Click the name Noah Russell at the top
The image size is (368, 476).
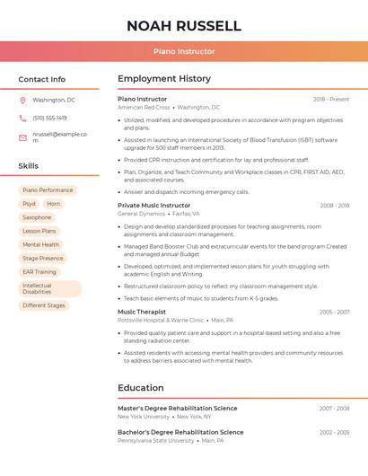pos(184,26)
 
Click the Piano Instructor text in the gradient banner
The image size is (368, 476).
pos(184,52)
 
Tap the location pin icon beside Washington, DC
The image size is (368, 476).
pos(22,100)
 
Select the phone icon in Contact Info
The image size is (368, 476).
pos(22,118)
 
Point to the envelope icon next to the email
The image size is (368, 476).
pos(22,137)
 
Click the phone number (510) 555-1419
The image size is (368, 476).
pos(49,118)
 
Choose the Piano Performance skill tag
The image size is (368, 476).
pos(48,190)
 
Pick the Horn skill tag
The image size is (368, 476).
pos(54,204)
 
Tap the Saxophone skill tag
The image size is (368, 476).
pos(37,217)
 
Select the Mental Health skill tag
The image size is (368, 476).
pos(40,244)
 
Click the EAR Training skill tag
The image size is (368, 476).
pos(39,271)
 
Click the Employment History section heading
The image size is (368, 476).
pos(164,79)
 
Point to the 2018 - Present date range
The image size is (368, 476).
pos(331,99)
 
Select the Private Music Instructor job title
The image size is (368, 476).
pos(154,206)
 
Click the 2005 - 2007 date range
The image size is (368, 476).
pos(334,313)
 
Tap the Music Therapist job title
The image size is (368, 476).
pos(142,312)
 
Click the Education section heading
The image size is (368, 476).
pos(140,388)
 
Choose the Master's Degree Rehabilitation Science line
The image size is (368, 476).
pos(178,409)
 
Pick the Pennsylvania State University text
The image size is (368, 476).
pos(155,441)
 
